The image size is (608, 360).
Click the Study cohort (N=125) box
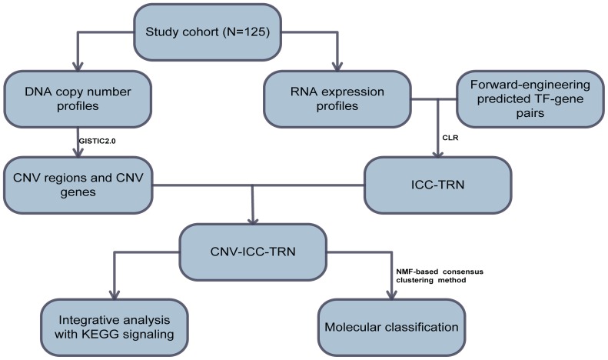[208, 32]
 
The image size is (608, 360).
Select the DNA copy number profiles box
[78, 99]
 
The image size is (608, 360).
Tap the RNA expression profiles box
[337, 99]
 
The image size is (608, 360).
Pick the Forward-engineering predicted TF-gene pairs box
[530, 99]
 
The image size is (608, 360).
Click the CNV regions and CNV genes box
[78, 185]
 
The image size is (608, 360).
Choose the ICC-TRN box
[438, 185]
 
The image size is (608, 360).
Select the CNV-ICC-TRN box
[253, 252]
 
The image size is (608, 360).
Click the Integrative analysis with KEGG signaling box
[114, 328]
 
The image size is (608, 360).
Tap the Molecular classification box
[391, 328]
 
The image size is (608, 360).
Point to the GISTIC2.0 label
[97, 142]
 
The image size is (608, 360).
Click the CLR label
[450, 138]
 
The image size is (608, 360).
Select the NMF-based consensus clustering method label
[440, 275]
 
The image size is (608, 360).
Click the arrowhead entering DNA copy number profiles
[78, 66]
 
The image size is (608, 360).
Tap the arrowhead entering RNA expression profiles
[337, 66]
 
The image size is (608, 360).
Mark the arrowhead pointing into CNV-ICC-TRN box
[253, 219]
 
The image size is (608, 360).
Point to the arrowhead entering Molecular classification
[392, 295]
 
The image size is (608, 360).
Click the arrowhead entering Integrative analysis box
[114, 295]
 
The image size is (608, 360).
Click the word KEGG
[102, 335]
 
